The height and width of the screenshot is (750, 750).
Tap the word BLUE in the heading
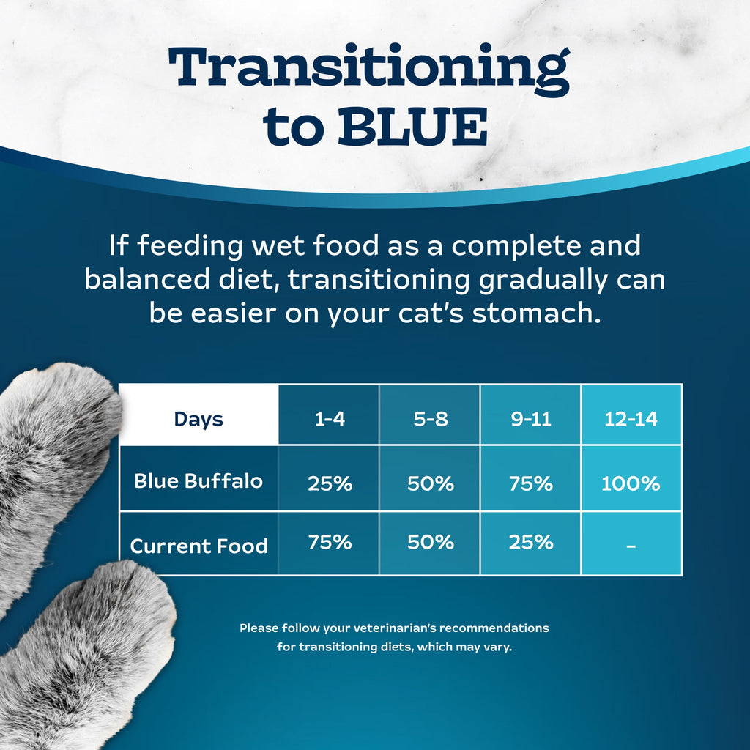click(x=412, y=127)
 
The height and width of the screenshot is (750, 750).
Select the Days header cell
click(x=198, y=419)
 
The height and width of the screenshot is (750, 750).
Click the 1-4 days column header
click(x=330, y=419)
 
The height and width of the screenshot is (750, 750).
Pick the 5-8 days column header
click(x=430, y=419)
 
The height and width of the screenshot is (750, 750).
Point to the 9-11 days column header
click(x=531, y=419)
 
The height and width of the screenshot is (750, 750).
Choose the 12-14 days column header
click(x=631, y=419)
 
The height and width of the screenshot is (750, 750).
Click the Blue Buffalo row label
click(x=198, y=481)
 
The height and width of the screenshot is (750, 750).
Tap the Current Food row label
click(x=198, y=546)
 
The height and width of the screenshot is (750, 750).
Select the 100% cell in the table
click(x=631, y=483)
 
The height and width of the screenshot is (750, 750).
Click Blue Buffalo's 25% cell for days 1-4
click(x=330, y=483)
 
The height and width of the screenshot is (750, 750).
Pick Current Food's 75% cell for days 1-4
click(x=330, y=543)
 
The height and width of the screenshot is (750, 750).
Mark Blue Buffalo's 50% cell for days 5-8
click(x=430, y=483)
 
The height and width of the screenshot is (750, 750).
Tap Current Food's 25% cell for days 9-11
click(x=531, y=543)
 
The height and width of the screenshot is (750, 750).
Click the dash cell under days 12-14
click(x=631, y=546)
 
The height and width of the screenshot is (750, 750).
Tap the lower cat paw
click(x=88, y=652)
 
